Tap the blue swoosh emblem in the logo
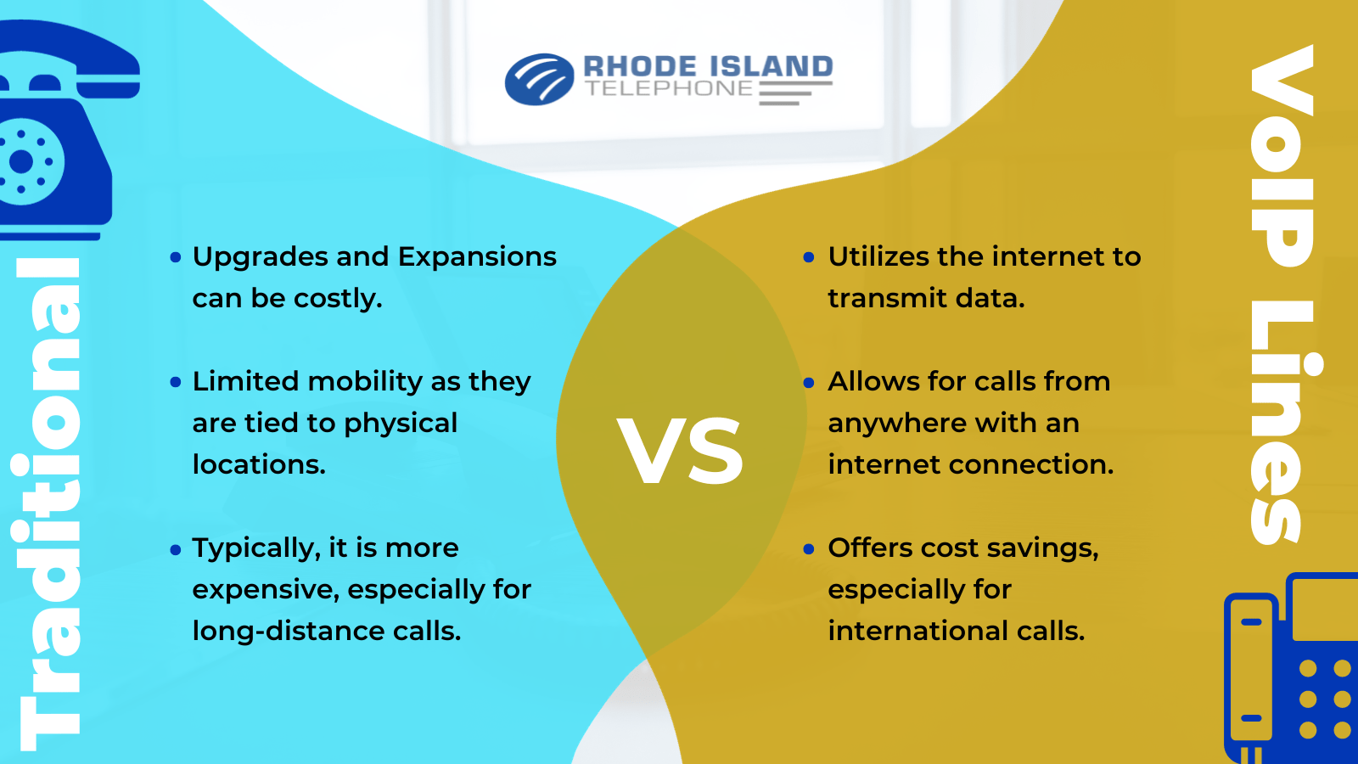(x=539, y=80)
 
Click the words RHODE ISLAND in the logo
(x=708, y=66)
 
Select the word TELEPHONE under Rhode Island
(x=669, y=89)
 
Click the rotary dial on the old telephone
(x=24, y=161)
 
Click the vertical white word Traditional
(x=49, y=501)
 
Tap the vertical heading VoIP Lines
(x=1282, y=293)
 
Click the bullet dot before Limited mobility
(x=176, y=382)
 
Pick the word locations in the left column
(x=258, y=464)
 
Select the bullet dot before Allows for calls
(x=809, y=382)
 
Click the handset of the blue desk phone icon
(x=1251, y=671)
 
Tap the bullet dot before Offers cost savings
(x=809, y=549)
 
